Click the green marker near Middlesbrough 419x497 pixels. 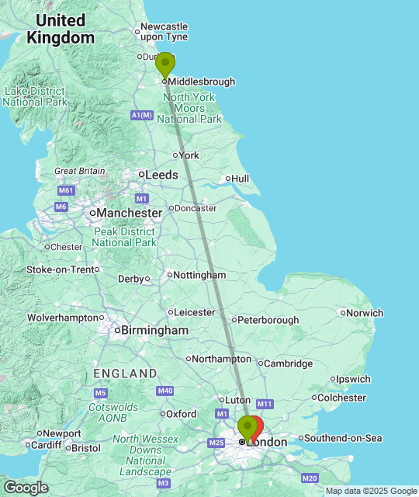[x=165, y=64]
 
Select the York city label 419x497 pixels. [x=189, y=155]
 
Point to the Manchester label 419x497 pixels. [x=129, y=212]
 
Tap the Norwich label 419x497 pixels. [x=364, y=313]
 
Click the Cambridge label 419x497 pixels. [x=288, y=363]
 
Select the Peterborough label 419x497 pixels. [x=268, y=320]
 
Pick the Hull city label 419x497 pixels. [x=240, y=179]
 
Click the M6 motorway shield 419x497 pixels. [x=61, y=206]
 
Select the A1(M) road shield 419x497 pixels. [x=141, y=115]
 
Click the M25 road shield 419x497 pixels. [x=216, y=443]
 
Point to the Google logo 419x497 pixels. [x=25, y=488]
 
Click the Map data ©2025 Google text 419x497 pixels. [x=371, y=491]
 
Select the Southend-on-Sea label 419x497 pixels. [x=342, y=438]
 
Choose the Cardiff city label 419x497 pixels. [x=47, y=445]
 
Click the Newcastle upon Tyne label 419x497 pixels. [x=164, y=32]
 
